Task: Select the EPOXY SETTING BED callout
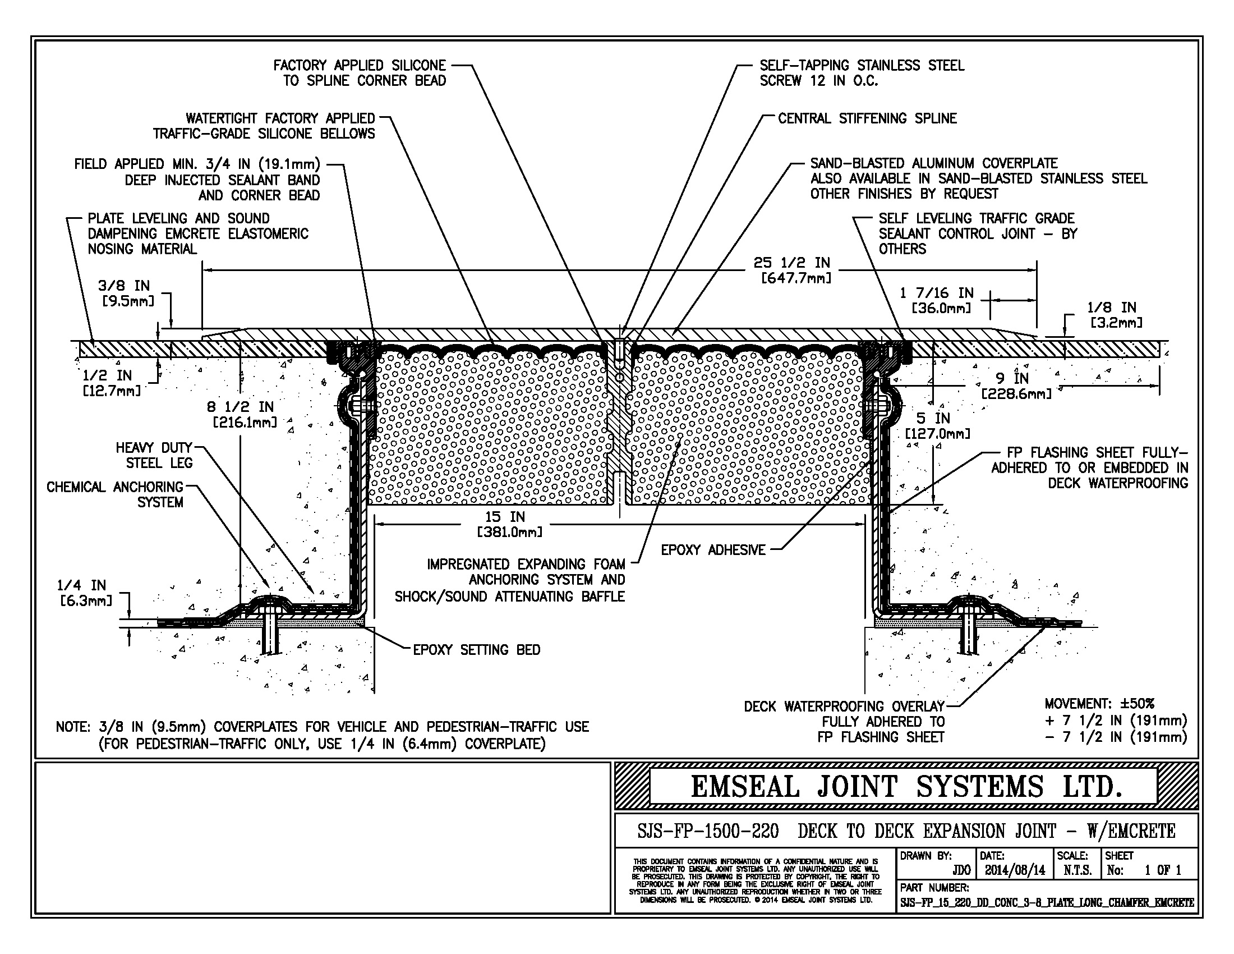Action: tap(476, 650)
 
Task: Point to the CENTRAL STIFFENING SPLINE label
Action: tap(867, 118)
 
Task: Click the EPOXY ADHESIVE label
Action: tap(713, 550)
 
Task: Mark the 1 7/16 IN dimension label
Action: tap(937, 300)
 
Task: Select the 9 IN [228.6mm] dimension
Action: tap(1016, 386)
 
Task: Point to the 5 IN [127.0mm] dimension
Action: tap(937, 425)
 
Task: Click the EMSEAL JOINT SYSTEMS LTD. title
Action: tap(906, 787)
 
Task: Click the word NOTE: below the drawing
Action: tap(73, 727)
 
